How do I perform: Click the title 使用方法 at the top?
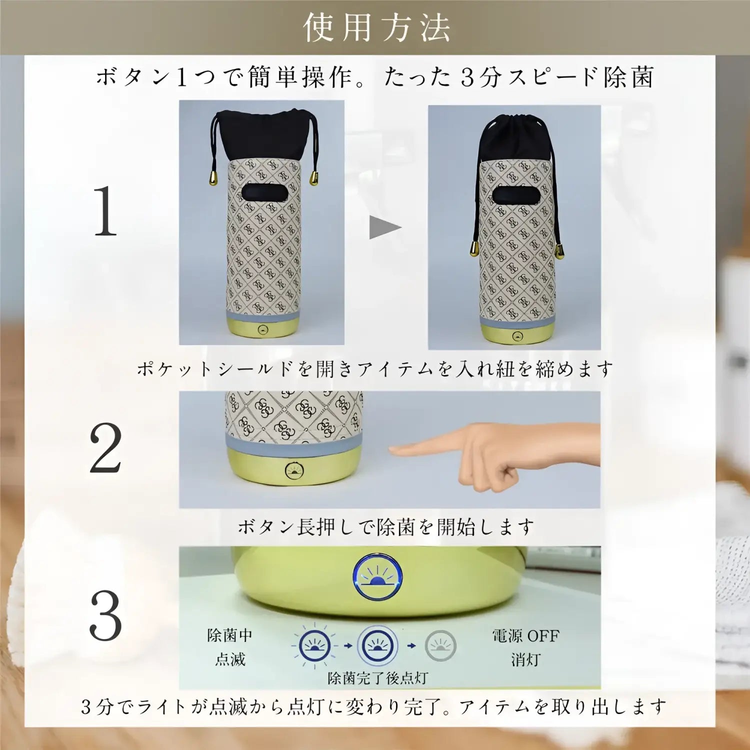(376, 27)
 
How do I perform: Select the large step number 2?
(105, 448)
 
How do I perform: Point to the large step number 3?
(105, 615)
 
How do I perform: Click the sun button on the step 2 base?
(294, 470)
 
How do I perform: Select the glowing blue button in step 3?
(377, 576)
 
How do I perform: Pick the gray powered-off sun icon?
(440, 645)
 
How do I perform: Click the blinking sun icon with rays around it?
(314, 645)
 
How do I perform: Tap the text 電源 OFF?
(525, 636)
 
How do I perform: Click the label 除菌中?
(230, 635)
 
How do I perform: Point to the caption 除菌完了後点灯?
(377, 678)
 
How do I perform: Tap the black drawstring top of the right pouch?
(515, 137)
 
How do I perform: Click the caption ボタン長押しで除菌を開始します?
(385, 526)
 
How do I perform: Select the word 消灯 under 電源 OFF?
(525, 660)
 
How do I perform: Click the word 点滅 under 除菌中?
(230, 659)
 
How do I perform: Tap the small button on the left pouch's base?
(263, 330)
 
